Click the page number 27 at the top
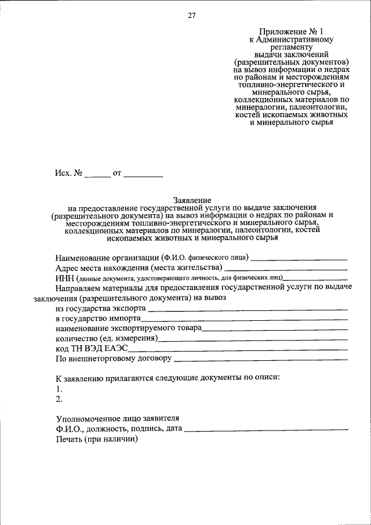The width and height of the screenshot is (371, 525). [x=192, y=16]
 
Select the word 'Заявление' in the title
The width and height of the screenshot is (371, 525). [x=192, y=199]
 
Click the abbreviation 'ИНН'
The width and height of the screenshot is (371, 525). [x=63, y=279]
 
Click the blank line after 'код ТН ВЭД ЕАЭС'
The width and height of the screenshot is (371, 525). [x=238, y=350]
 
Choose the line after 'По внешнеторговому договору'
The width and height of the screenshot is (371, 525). [x=261, y=360]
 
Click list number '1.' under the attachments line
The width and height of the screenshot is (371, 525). [x=59, y=389]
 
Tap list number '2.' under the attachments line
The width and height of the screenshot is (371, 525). [x=59, y=399]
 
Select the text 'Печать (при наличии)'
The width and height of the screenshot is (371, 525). [x=96, y=439]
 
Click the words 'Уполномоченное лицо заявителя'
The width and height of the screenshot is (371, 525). [x=118, y=418]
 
